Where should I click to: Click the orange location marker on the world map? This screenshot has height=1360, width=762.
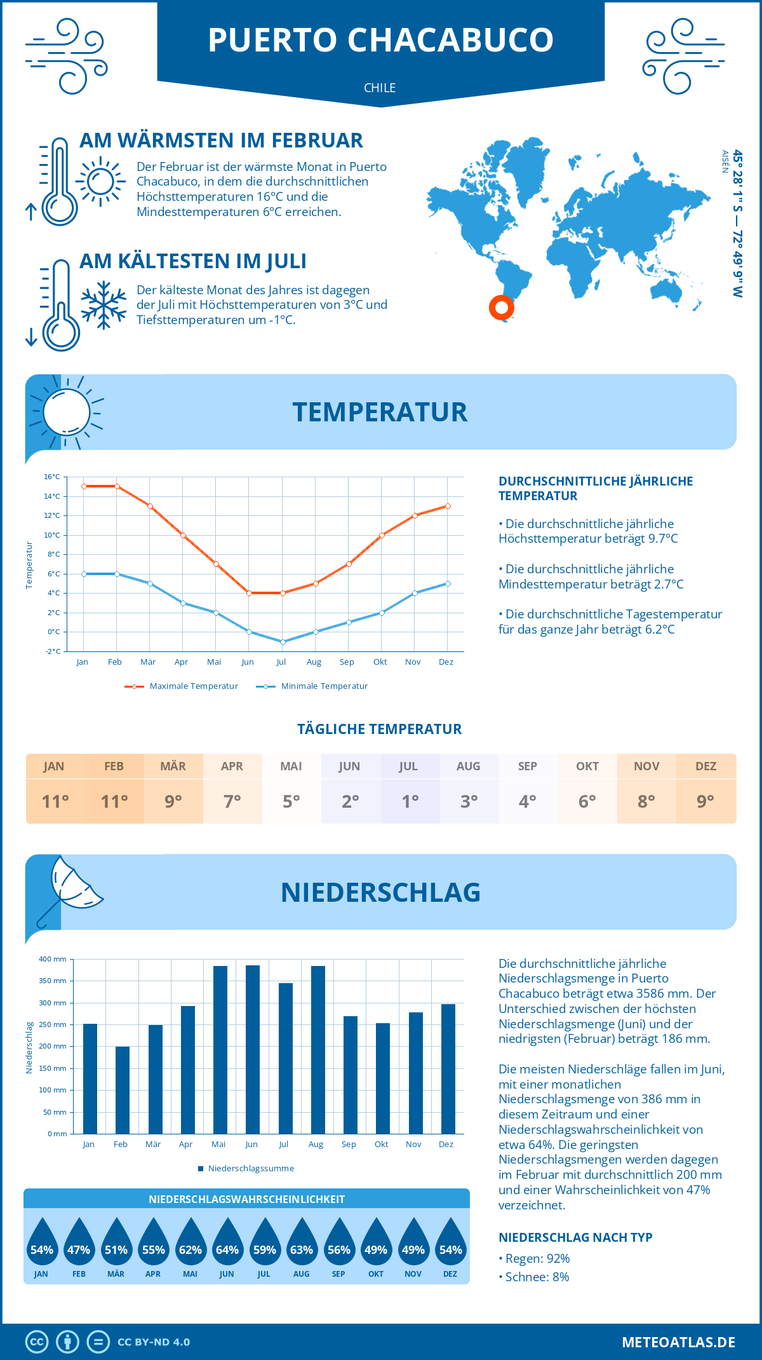pyautogui.click(x=502, y=308)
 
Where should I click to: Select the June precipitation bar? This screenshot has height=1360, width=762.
pyautogui.click(x=252, y=1049)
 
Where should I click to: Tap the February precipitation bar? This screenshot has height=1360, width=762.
pyautogui.click(x=122, y=1089)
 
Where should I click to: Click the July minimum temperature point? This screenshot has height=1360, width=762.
pyautogui.click(x=283, y=642)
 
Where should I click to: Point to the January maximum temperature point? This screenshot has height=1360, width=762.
pyautogui.click(x=84, y=486)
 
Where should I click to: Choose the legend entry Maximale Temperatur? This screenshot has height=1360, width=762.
pyautogui.click(x=182, y=686)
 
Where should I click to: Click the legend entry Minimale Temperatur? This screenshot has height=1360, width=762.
pyautogui.click(x=312, y=686)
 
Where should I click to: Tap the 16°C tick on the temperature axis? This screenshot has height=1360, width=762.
pyautogui.click(x=52, y=477)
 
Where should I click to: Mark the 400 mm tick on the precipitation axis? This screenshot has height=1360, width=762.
pyautogui.click(x=53, y=959)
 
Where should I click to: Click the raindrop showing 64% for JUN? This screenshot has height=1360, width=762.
pyautogui.click(x=227, y=1244)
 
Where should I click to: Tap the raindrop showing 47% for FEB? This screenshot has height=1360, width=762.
pyautogui.click(x=79, y=1244)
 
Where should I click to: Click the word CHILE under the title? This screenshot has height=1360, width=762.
pyautogui.click(x=380, y=88)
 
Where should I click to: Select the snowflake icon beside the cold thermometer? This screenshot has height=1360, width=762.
pyautogui.click(x=104, y=305)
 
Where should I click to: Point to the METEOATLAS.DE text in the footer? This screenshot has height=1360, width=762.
pyautogui.click(x=678, y=1342)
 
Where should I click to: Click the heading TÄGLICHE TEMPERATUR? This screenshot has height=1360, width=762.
pyautogui.click(x=380, y=729)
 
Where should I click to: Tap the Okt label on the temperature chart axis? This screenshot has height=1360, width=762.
pyautogui.click(x=380, y=662)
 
